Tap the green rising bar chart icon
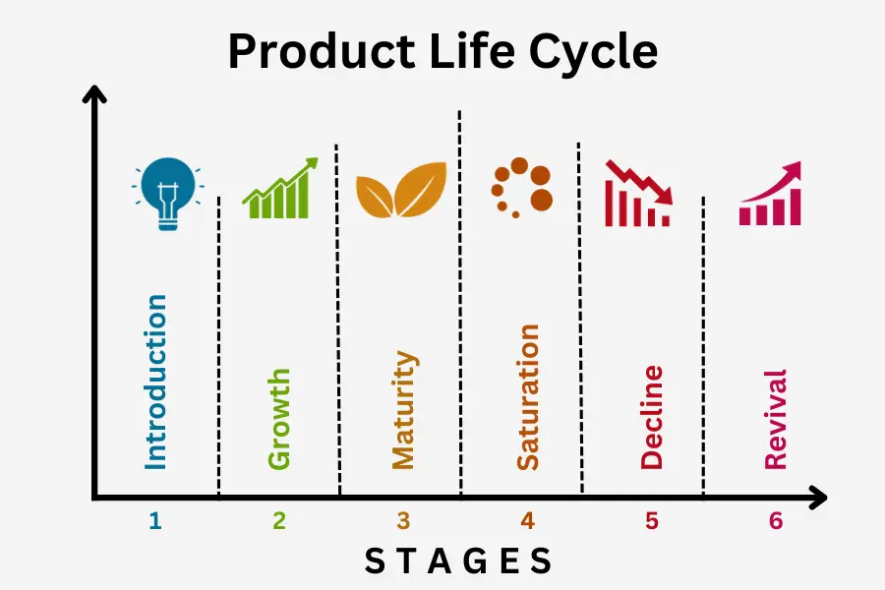pos(280,188)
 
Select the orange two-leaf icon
pos(401,190)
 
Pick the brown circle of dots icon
pos(521,188)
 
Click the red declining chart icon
pos(638,194)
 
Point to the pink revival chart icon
pos(770,194)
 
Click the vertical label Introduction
pos(155,383)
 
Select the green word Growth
pos(279,419)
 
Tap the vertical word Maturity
pos(404,410)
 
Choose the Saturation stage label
pos(528,397)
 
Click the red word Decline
pos(652,417)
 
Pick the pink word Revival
pos(776,420)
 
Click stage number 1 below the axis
pos(155,520)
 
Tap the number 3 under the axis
pos(403,520)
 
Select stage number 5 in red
pos(652,520)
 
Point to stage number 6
pos(776,520)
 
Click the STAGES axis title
pos(457,561)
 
